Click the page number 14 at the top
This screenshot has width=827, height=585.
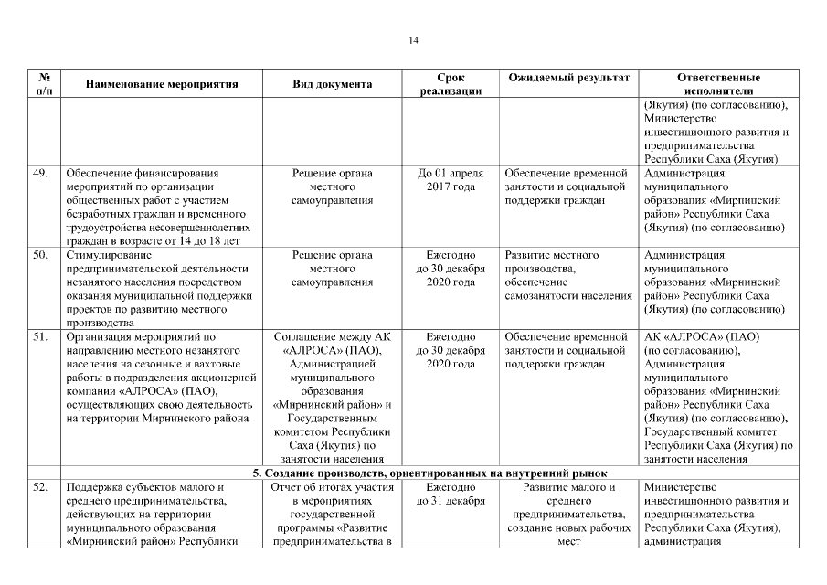tap(413, 40)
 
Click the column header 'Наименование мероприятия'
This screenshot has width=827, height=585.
tap(162, 84)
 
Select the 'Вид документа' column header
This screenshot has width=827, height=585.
tap(332, 84)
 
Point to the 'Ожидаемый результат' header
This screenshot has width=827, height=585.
tap(568, 78)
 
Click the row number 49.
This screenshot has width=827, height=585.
tap(40, 172)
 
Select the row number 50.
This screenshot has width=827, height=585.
tap(40, 255)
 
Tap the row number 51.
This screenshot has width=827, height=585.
tap(40, 336)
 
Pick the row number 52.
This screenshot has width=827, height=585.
tap(40, 486)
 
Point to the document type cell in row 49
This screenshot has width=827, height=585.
tap(332, 186)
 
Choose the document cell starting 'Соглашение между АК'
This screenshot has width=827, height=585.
tap(332, 398)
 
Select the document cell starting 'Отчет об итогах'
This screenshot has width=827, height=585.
tap(332, 514)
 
